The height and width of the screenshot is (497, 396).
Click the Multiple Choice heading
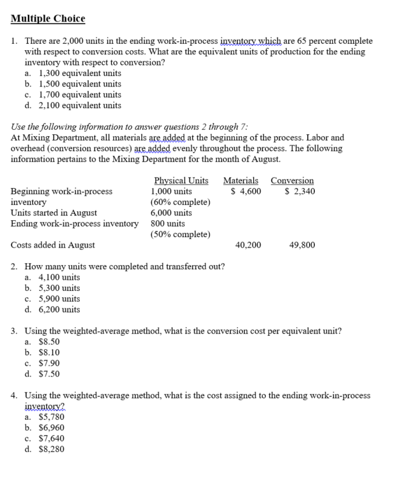48,19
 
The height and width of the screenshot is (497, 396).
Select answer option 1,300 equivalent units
79,73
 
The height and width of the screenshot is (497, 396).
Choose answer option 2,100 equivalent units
79,105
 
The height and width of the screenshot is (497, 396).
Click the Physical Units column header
181,180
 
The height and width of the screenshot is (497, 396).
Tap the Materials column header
241,180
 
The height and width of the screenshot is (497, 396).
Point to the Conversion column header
292,180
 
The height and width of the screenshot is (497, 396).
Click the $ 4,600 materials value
246,191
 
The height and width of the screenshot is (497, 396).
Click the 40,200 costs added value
248,245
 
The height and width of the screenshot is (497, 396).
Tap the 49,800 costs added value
302,245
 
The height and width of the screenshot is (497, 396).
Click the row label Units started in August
54,213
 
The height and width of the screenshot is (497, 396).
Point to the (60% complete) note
180,202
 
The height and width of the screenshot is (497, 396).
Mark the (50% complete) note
180,234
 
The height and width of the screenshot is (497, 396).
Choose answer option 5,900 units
59,298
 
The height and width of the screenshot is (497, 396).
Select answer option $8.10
48,352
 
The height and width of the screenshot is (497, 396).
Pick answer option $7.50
48,374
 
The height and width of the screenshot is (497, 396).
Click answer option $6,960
51,428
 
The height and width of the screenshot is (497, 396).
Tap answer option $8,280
51,449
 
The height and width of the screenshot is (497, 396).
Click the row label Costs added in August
53,245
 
